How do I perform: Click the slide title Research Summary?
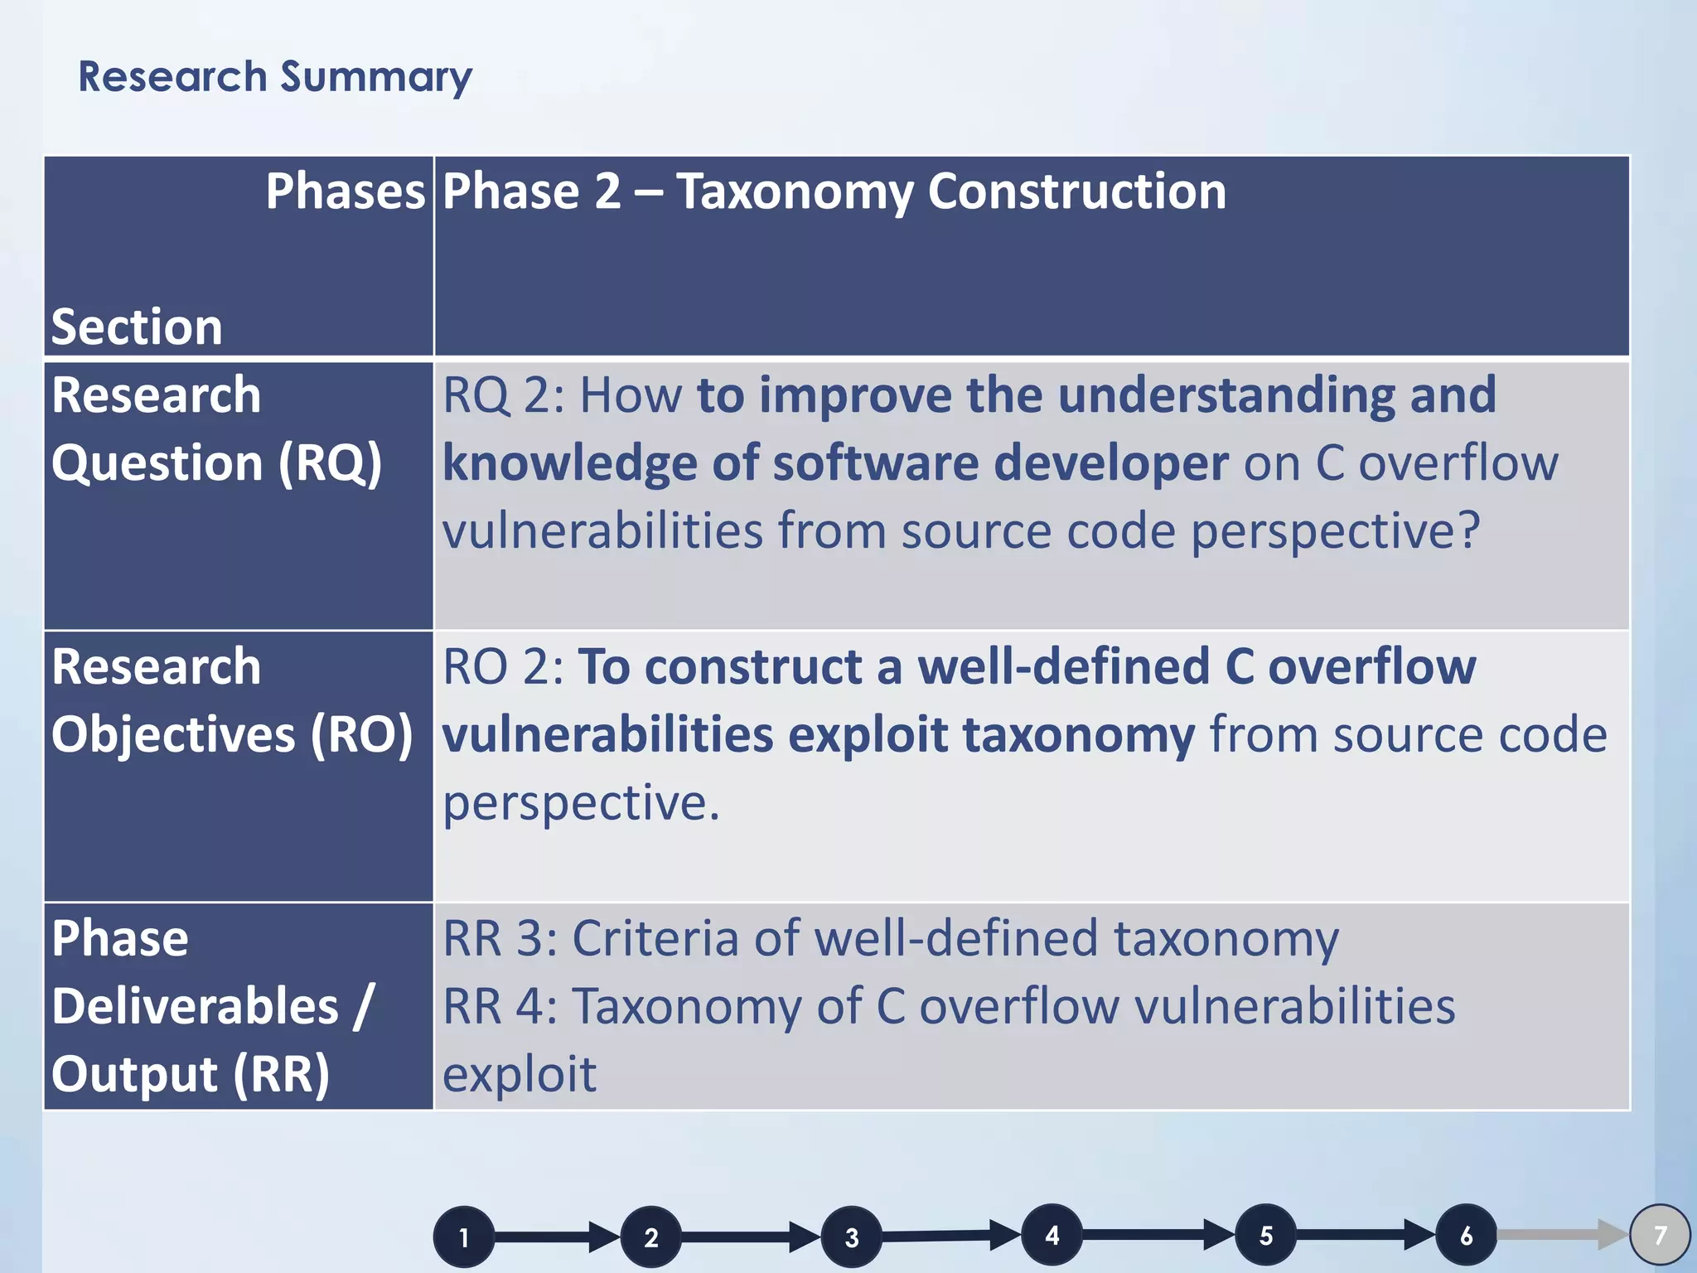tap(274, 77)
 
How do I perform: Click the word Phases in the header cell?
tap(345, 191)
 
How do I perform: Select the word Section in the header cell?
tap(137, 327)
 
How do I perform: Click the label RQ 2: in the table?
tap(503, 395)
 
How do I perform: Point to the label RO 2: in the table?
tap(503, 667)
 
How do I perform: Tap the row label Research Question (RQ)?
tap(215, 428)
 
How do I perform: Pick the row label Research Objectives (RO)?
tap(232, 700)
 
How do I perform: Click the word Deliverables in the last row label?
tap(196, 1007)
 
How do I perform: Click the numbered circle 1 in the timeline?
tap(464, 1237)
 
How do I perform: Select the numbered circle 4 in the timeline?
tap(1052, 1235)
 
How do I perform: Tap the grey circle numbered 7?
tap(1660, 1235)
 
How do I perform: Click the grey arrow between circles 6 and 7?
tap(1562, 1235)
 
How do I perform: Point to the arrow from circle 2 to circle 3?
tap(750, 1237)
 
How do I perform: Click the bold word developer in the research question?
tap(1110, 463)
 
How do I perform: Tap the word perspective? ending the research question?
tap(1335, 531)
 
